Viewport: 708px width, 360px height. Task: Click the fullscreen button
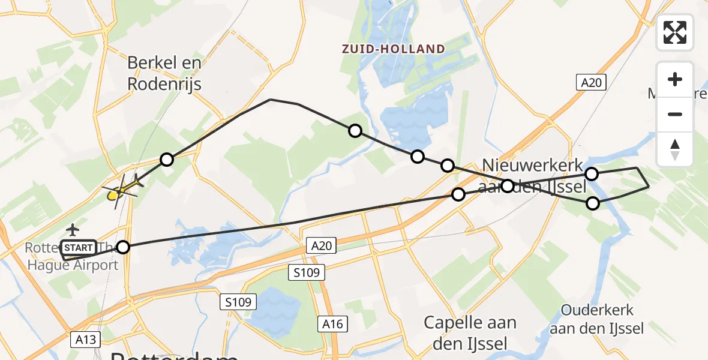pyautogui.click(x=675, y=32)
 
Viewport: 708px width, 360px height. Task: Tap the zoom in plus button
pyautogui.click(x=675, y=79)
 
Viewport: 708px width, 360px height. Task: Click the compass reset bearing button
pyautogui.click(x=675, y=149)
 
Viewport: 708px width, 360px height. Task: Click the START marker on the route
pyautogui.click(x=78, y=247)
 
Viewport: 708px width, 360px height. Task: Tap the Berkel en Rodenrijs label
pyautogui.click(x=164, y=73)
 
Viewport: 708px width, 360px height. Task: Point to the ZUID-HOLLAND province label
pyautogui.click(x=394, y=49)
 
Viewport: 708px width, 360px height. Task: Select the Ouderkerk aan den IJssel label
pyautogui.click(x=597, y=319)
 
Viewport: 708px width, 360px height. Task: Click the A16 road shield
pyautogui.click(x=331, y=324)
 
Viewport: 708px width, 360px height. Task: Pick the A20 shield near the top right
pyautogui.click(x=591, y=83)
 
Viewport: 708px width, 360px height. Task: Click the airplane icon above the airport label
pyautogui.click(x=73, y=229)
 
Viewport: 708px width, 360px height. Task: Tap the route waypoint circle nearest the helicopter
pyautogui.click(x=167, y=160)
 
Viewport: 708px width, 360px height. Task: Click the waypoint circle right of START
pyautogui.click(x=123, y=247)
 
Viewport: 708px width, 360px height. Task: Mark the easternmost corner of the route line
pyautogui.click(x=649, y=187)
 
